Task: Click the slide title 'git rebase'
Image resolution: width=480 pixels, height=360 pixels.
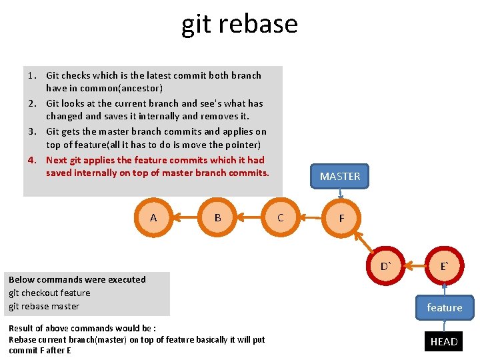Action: click(x=239, y=24)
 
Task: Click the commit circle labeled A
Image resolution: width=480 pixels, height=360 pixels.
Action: click(x=153, y=218)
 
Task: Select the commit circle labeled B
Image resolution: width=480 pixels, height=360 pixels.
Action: click(x=217, y=218)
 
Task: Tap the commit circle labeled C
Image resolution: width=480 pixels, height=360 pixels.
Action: click(x=281, y=218)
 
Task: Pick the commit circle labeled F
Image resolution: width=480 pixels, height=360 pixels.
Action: click(x=341, y=218)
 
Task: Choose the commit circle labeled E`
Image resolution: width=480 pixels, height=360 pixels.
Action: click(x=444, y=267)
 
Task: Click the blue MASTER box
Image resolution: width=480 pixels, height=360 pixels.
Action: click(x=340, y=176)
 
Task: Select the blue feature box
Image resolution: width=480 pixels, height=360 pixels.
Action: click(x=444, y=307)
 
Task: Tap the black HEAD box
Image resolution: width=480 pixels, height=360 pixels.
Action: click(x=444, y=341)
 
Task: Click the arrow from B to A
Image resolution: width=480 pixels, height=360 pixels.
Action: click(x=185, y=218)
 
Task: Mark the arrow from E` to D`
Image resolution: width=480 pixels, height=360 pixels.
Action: click(x=415, y=267)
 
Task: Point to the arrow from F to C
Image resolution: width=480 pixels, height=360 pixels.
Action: click(x=311, y=218)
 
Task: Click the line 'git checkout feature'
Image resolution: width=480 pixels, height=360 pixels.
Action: click(x=49, y=293)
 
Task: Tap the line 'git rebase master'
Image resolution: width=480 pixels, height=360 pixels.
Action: click(x=44, y=306)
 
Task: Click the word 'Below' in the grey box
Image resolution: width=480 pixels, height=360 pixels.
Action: click(x=21, y=279)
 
